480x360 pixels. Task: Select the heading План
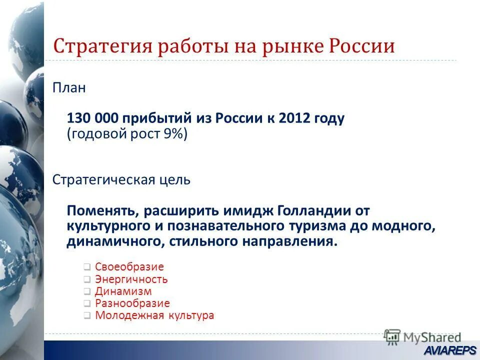click(69, 89)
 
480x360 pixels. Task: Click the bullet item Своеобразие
click(129, 267)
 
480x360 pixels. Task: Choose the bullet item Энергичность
click(131, 279)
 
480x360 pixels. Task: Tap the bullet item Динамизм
click(123, 291)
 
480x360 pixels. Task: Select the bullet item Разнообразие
click(132, 303)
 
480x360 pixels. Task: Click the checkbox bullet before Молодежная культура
click(87, 316)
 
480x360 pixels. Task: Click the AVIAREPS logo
click(450, 350)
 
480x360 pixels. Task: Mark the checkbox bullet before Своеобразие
click(87, 267)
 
